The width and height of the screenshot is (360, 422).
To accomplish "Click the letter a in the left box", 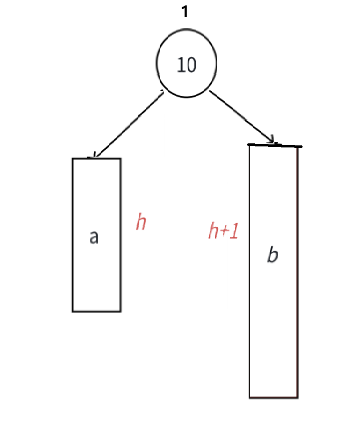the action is coord(94,237).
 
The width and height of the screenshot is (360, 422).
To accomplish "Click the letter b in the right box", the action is coord(273,254).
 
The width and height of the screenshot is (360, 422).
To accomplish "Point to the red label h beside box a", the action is coord(141,222).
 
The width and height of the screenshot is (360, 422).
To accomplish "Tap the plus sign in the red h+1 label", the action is coord(224,231).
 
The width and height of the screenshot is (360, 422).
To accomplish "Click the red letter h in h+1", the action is coord(214,231).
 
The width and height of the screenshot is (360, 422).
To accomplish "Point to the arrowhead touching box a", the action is coord(94,155).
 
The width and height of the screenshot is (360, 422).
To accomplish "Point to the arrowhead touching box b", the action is coord(273,141).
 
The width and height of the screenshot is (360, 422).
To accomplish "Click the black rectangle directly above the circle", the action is coord(200,12).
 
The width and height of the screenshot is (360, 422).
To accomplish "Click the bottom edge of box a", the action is coord(97,311).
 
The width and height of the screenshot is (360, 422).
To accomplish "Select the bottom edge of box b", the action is coord(273,397).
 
